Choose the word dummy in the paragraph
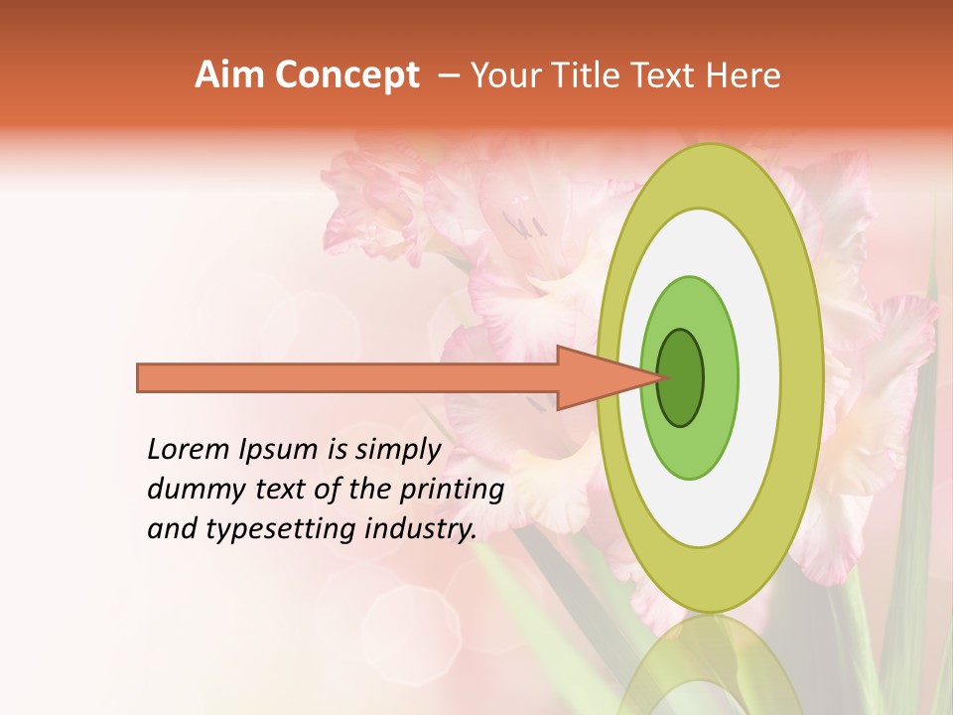click(189, 491)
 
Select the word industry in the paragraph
click(422, 529)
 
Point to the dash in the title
click(447, 75)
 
